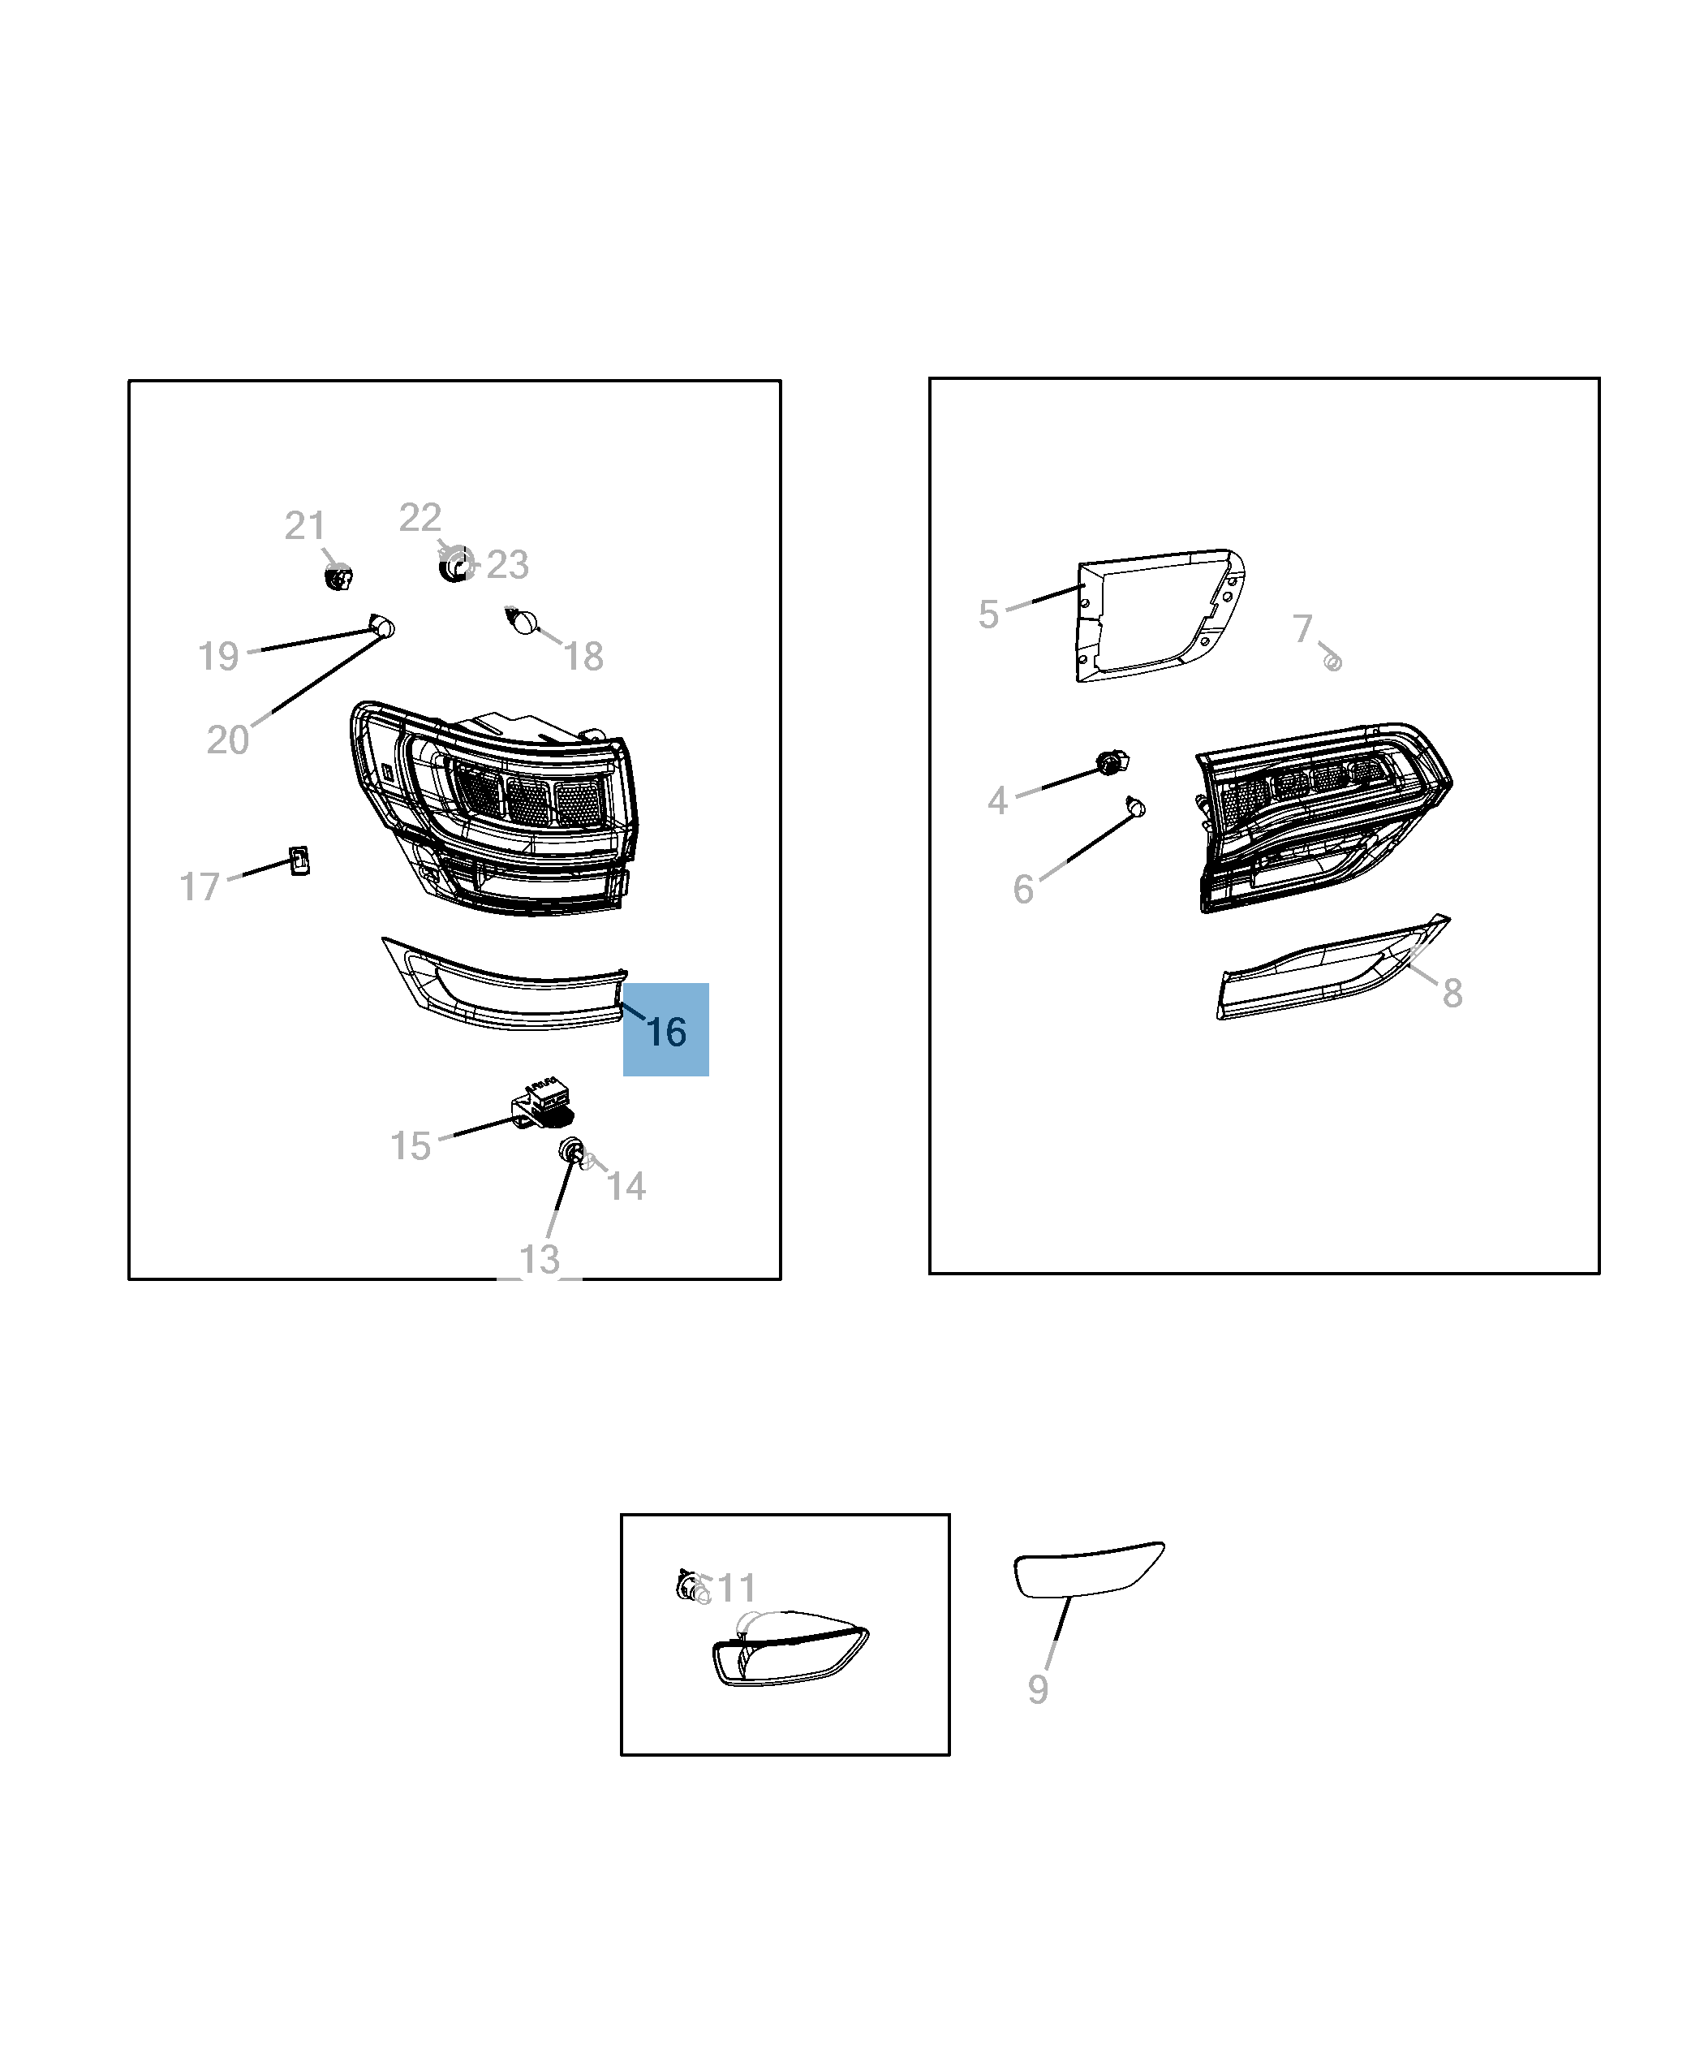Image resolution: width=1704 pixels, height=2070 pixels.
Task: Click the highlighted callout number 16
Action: (x=666, y=1031)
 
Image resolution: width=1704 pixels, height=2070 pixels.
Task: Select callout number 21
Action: (x=305, y=525)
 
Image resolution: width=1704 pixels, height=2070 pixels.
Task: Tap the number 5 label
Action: (x=988, y=615)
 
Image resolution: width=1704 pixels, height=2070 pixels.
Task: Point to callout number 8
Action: (x=1452, y=993)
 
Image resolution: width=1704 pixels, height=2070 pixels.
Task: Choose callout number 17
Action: (x=200, y=886)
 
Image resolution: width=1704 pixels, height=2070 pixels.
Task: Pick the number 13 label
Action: (x=539, y=1259)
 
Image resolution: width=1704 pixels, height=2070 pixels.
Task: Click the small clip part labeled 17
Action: (x=299, y=860)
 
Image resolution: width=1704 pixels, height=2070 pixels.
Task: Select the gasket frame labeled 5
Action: (x=1160, y=615)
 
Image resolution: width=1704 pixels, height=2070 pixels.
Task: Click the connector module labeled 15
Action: (x=542, y=1105)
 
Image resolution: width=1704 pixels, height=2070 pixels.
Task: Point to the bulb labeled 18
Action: (x=523, y=621)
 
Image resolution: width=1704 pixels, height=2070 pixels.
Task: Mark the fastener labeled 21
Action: (x=338, y=577)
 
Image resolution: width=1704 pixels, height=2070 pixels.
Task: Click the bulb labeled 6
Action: (x=1136, y=807)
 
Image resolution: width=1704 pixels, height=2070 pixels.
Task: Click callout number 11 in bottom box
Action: (x=736, y=1588)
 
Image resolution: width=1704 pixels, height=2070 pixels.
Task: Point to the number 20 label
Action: (x=228, y=740)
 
